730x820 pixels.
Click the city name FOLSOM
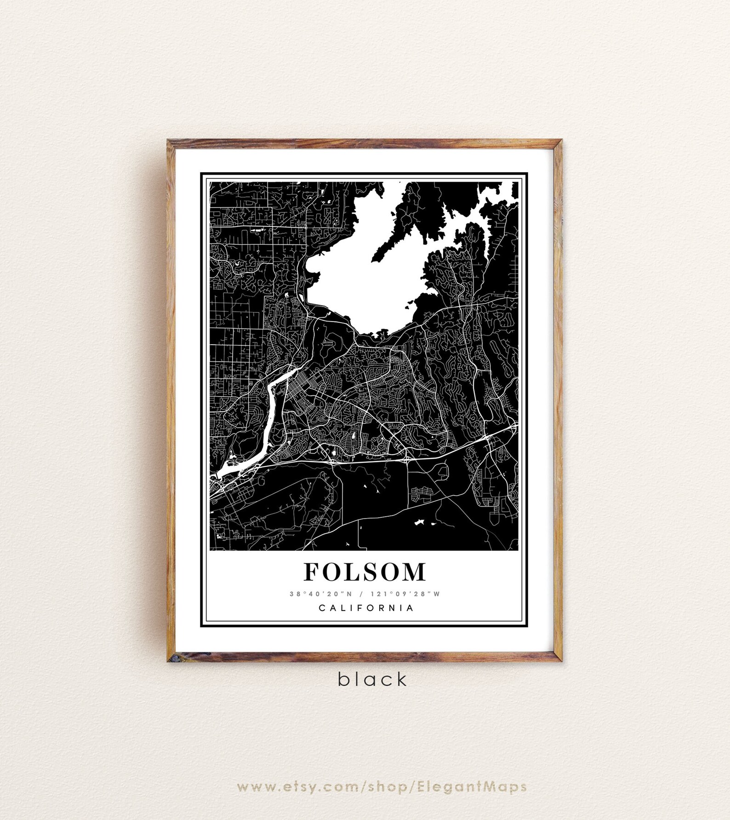(x=365, y=572)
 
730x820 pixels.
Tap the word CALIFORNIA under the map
(x=366, y=608)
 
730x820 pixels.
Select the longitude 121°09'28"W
(x=413, y=594)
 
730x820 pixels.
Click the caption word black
(x=372, y=679)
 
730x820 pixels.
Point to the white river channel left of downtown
(x=271, y=405)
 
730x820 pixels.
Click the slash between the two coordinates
(x=364, y=594)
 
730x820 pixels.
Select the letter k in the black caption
(x=402, y=678)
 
